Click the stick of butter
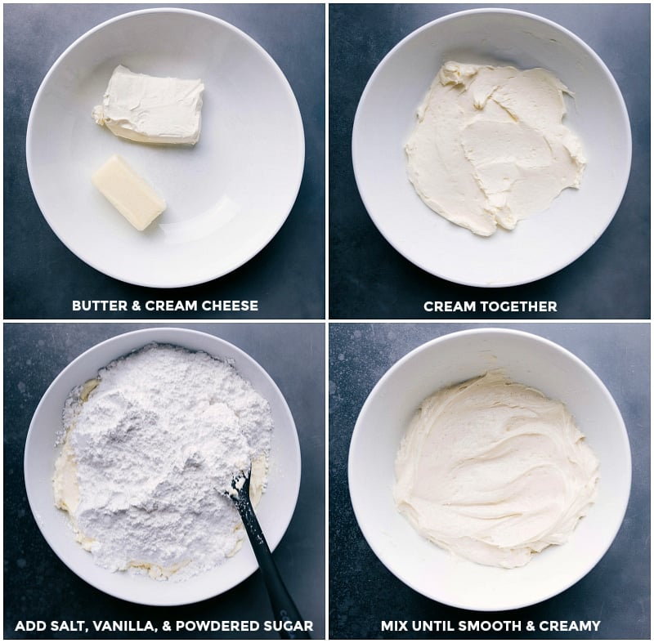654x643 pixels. tap(129, 192)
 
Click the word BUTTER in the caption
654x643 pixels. tap(97, 306)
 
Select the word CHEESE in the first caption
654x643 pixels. tap(230, 306)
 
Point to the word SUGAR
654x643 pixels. tap(289, 627)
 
